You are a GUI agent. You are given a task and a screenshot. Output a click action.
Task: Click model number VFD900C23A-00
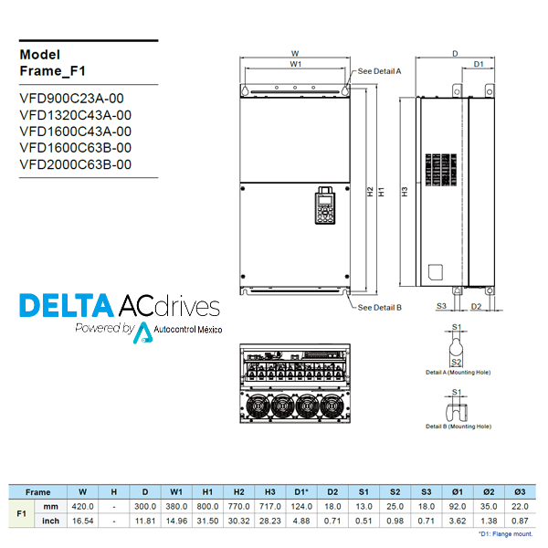(71, 99)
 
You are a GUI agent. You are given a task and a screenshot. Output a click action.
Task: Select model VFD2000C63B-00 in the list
(75, 164)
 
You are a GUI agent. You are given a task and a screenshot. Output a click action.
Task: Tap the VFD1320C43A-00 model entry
(75, 115)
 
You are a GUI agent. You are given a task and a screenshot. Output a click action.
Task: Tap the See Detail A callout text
(379, 70)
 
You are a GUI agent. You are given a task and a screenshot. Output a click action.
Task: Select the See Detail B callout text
(379, 308)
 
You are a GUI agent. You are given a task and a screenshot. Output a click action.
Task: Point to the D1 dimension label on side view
(478, 64)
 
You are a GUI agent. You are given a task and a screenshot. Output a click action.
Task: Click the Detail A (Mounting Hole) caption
(457, 373)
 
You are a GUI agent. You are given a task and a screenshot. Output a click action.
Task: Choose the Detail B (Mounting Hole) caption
(457, 427)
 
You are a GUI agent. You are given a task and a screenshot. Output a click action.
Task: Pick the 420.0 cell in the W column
(83, 506)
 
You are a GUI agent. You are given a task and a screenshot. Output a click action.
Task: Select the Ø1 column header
(458, 491)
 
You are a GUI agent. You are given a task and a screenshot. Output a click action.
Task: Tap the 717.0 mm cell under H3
(270, 506)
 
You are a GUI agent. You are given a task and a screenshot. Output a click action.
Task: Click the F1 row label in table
(21, 513)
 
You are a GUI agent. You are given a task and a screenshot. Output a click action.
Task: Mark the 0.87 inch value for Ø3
(520, 521)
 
